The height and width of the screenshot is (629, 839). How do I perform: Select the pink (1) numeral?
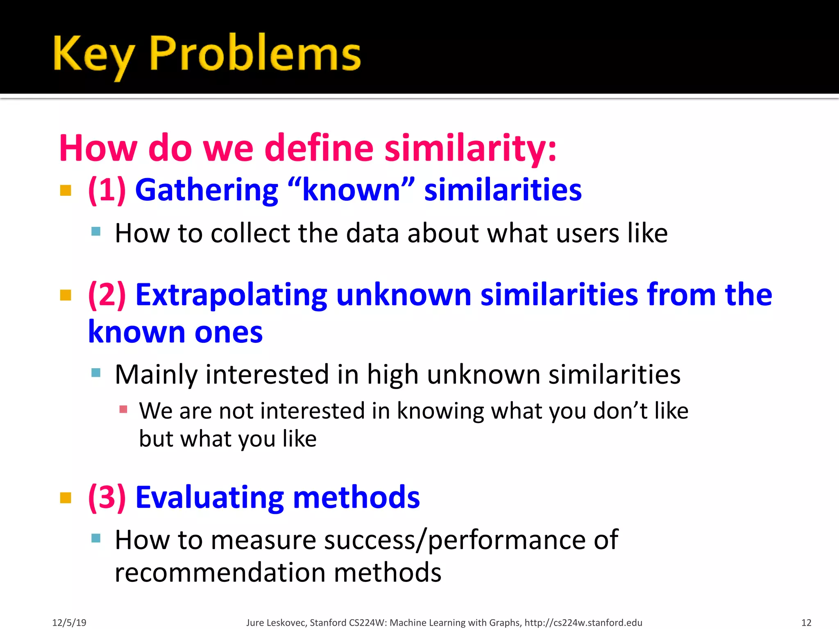pyautogui.click(x=107, y=190)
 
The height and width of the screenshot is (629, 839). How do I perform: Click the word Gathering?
pyautogui.click(x=207, y=191)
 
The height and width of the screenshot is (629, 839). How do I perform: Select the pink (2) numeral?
pyautogui.click(x=107, y=295)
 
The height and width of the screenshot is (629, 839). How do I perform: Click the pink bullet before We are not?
pyautogui.click(x=123, y=409)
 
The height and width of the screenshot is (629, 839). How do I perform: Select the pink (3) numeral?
pyautogui.click(x=107, y=498)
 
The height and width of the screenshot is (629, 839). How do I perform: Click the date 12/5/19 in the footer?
pyautogui.click(x=69, y=623)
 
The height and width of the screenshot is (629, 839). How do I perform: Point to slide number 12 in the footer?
pyautogui.click(x=806, y=623)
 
